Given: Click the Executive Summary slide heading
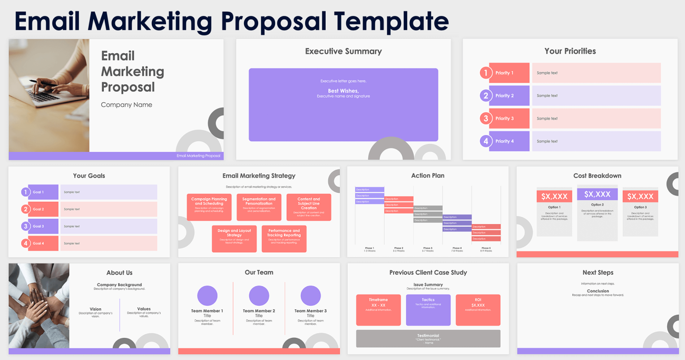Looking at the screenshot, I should pyautogui.click(x=343, y=51).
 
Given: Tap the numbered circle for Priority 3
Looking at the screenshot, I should pyautogui.click(x=486, y=118).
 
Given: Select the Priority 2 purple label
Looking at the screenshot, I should pyautogui.click(x=509, y=95).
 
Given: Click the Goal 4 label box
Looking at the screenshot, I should pyautogui.click(x=43, y=244).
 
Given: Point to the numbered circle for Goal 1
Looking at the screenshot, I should pyautogui.click(x=25, y=192).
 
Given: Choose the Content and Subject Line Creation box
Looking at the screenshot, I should pyautogui.click(x=309, y=207).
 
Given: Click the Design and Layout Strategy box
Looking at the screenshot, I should pyautogui.click(x=234, y=239).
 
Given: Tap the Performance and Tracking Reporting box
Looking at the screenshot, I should pyautogui.click(x=284, y=239).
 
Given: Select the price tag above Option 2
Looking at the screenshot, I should pyautogui.click(x=597, y=194).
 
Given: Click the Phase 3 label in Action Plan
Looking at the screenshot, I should pyautogui.click(x=428, y=248).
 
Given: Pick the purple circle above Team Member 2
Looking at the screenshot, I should pyautogui.click(x=259, y=296).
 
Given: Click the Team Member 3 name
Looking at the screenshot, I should pyautogui.click(x=310, y=311).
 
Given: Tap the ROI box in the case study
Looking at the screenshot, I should pyautogui.click(x=478, y=310).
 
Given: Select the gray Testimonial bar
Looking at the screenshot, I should pyautogui.click(x=428, y=338).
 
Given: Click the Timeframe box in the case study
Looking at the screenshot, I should pyautogui.click(x=378, y=310).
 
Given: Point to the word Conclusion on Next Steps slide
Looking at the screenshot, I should pyautogui.click(x=598, y=291).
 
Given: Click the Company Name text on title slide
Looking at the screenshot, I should pyautogui.click(x=126, y=105).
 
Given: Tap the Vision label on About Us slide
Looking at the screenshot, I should pyautogui.click(x=95, y=309).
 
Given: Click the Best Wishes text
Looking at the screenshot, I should pyautogui.click(x=343, y=91).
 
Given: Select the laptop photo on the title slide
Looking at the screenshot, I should pyautogui.click(x=49, y=95).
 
